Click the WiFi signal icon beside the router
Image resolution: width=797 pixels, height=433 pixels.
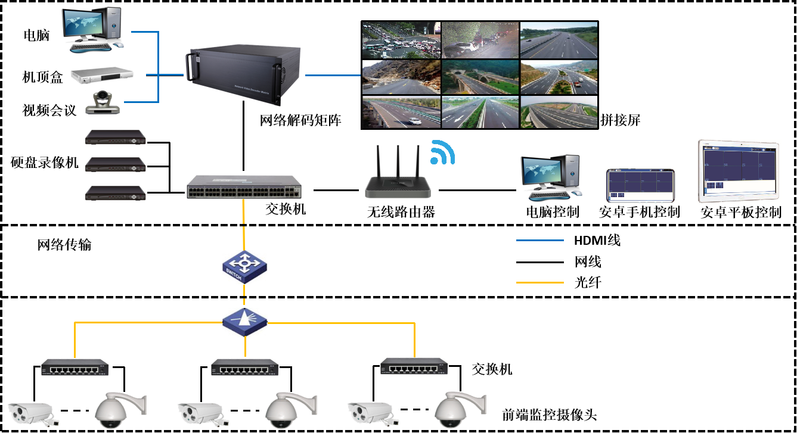pyautogui.click(x=442, y=152)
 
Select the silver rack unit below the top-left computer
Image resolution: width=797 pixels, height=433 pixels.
pyautogui.click(x=103, y=75)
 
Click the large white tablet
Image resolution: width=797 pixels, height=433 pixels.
pyautogui.click(x=739, y=172)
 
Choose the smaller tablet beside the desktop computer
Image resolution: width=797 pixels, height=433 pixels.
pyautogui.click(x=641, y=186)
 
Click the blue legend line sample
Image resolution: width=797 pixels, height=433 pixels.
pyautogui.click(x=539, y=241)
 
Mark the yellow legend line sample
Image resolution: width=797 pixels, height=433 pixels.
pyautogui.click(x=539, y=282)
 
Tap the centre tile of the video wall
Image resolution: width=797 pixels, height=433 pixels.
pyautogui.click(x=480, y=76)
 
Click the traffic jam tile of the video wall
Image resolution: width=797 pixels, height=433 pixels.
pyautogui.click(x=401, y=40)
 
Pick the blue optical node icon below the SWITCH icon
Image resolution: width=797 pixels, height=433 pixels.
pyautogui.click(x=244, y=322)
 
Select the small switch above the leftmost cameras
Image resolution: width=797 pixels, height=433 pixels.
pyautogui.click(x=75, y=367)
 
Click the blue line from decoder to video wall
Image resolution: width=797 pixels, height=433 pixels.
pyautogui.click(x=333, y=76)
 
